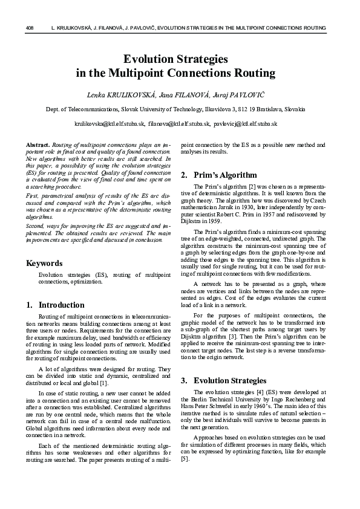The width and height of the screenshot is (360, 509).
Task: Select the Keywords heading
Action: click(44, 264)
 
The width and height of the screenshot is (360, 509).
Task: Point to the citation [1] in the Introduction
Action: click(103, 382)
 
